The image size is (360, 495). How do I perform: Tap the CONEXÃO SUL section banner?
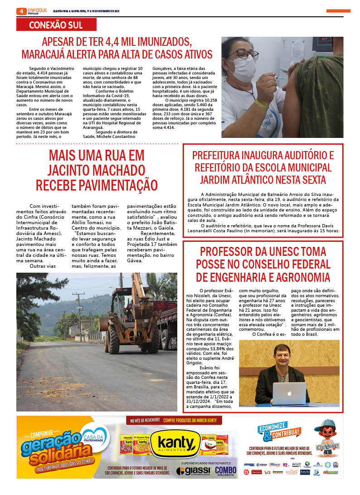(56, 25)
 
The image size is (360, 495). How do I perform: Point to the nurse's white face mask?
(243, 68)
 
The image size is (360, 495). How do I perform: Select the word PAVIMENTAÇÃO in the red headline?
(97, 185)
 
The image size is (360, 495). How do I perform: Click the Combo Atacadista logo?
(226, 471)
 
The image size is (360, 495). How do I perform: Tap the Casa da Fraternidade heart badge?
(93, 433)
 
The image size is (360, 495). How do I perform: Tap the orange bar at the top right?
(338, 11)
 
